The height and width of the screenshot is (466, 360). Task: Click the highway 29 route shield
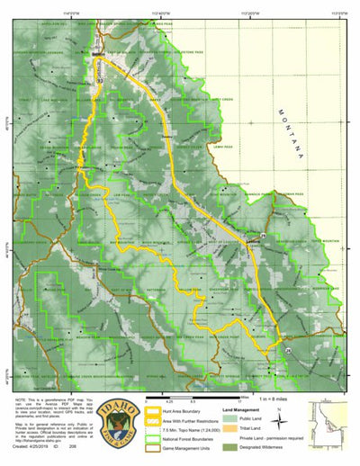pos(262,236)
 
